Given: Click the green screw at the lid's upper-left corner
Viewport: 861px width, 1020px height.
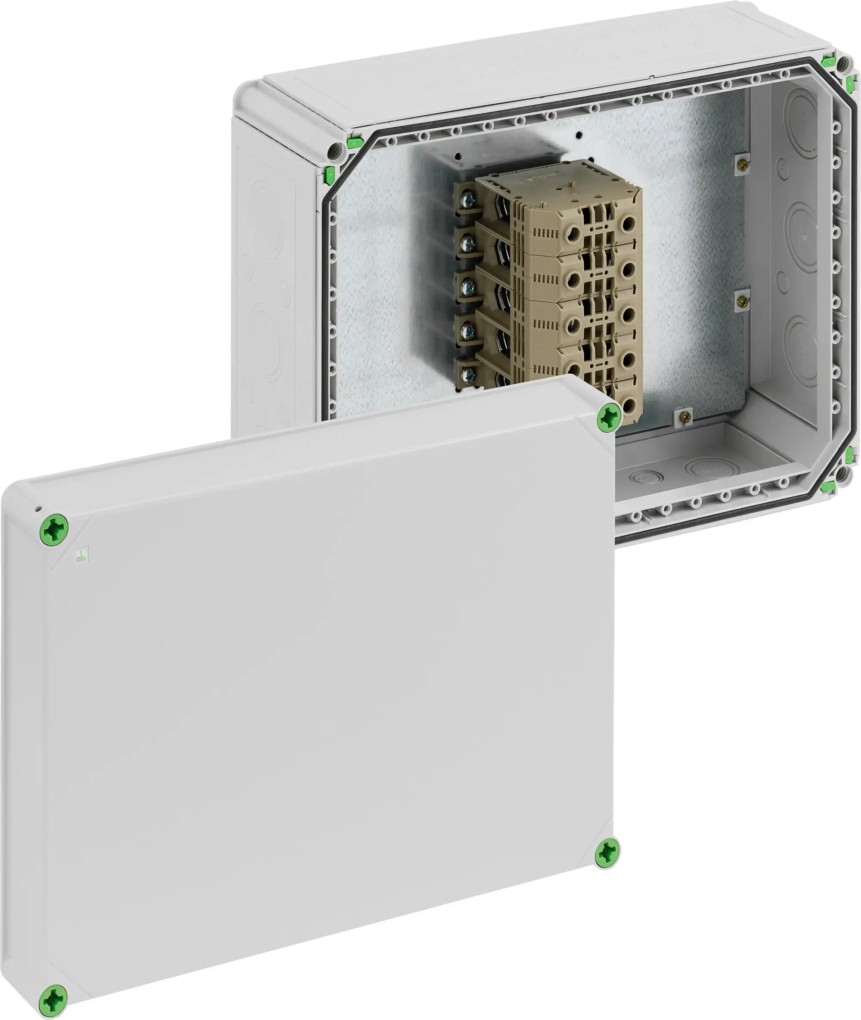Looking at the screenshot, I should (54, 530).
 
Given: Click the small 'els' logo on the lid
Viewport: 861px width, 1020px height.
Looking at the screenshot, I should (81, 556).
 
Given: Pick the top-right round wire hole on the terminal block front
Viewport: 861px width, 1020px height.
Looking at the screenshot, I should (629, 224).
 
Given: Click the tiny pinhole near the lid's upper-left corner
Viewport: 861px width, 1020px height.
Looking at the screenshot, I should (38, 509).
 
